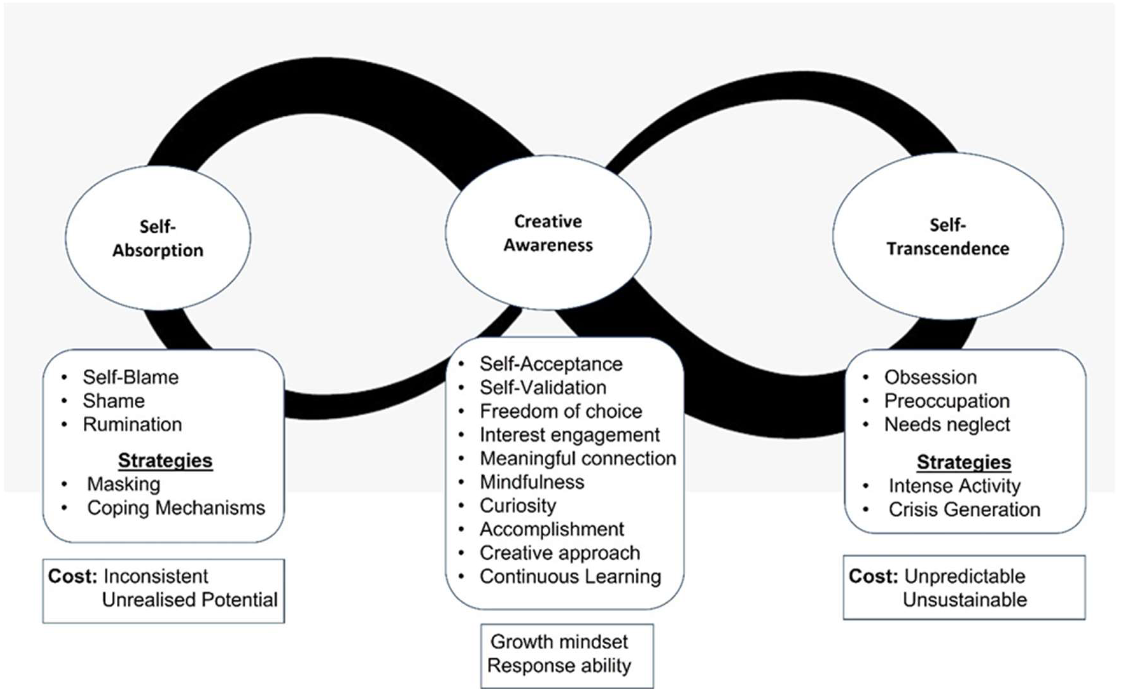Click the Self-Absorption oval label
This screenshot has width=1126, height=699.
(x=158, y=238)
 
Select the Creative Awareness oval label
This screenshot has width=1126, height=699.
(x=548, y=233)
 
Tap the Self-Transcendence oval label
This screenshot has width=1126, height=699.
(x=948, y=237)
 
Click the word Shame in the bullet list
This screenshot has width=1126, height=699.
(x=114, y=401)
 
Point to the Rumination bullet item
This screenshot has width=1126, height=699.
(x=132, y=424)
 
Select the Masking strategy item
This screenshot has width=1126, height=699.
(x=123, y=484)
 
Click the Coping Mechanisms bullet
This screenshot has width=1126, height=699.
(x=176, y=508)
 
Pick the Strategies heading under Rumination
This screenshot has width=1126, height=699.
(x=165, y=461)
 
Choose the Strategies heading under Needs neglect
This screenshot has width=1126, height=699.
(x=964, y=462)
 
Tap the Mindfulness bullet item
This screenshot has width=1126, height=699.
(x=532, y=482)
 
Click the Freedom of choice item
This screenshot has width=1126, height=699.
(x=561, y=411)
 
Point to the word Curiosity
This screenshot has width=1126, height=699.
(x=518, y=506)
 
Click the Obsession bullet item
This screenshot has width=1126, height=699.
(x=930, y=377)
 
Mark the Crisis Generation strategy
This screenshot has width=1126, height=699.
(x=964, y=510)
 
